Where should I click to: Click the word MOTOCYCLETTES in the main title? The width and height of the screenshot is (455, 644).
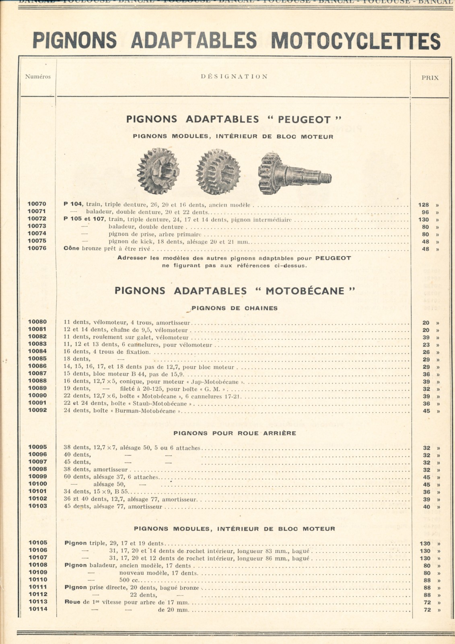point(356,41)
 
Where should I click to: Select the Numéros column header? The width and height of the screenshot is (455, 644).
point(38,76)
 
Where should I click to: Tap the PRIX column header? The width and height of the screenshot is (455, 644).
point(430,78)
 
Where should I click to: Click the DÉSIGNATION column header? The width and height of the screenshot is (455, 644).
point(234,76)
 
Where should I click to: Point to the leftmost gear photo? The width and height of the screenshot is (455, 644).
point(158,171)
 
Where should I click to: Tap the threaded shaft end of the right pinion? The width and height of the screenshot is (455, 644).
point(324,178)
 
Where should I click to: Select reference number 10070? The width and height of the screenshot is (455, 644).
point(37,204)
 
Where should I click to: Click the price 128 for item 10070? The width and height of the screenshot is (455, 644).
point(423,205)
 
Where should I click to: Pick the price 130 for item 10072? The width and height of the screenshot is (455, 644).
point(423,220)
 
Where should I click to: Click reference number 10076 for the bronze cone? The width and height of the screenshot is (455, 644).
point(37,248)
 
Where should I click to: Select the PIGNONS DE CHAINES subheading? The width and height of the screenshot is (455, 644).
point(235,308)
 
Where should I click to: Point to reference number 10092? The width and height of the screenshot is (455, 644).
point(37,410)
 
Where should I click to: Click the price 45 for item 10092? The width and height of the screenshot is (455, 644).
point(426,411)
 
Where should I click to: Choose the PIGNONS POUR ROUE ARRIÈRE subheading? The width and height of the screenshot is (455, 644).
point(235,433)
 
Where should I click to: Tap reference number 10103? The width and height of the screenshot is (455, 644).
point(37,506)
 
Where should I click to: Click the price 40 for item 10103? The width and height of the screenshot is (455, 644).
point(426,507)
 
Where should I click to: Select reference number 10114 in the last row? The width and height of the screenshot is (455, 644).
point(37,609)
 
